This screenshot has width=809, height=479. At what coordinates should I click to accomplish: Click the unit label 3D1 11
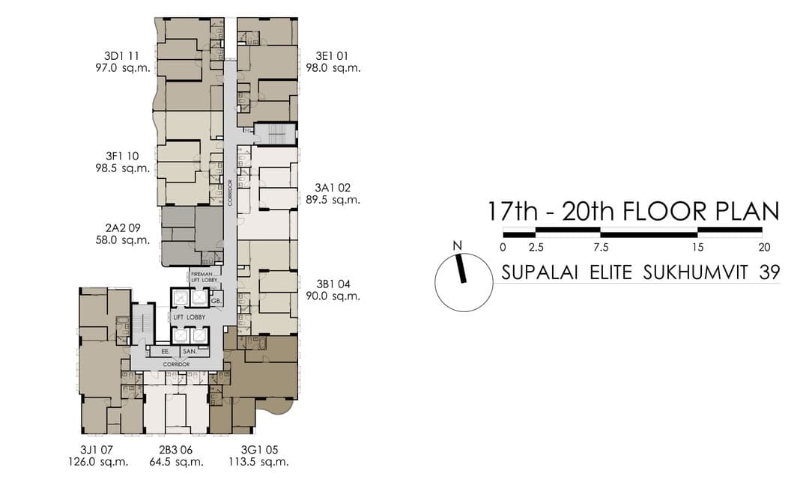(x=122, y=55)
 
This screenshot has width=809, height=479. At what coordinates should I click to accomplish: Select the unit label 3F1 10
(x=123, y=156)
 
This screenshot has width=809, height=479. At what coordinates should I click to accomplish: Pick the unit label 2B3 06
(x=177, y=450)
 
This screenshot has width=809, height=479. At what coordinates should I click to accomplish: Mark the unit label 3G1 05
(x=261, y=450)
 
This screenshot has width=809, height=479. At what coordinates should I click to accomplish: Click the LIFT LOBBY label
(x=190, y=318)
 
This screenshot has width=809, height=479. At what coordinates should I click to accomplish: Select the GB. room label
(x=216, y=301)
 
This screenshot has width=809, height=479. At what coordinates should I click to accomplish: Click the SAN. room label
(x=190, y=350)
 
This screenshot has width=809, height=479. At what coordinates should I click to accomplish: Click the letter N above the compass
(x=456, y=245)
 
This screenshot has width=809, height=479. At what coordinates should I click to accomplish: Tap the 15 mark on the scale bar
(x=697, y=247)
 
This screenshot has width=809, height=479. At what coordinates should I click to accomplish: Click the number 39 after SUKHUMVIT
(x=769, y=272)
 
